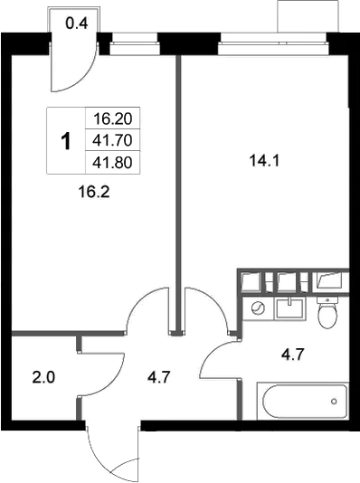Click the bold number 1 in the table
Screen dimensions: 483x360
(65, 141)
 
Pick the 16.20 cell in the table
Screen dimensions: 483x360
(112, 118)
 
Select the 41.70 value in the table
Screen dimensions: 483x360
(112, 140)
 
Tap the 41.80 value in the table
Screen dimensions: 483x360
(112, 162)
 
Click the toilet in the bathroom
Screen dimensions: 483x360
(327, 313)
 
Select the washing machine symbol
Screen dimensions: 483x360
(258, 308)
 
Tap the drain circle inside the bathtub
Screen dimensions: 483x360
(333, 399)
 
